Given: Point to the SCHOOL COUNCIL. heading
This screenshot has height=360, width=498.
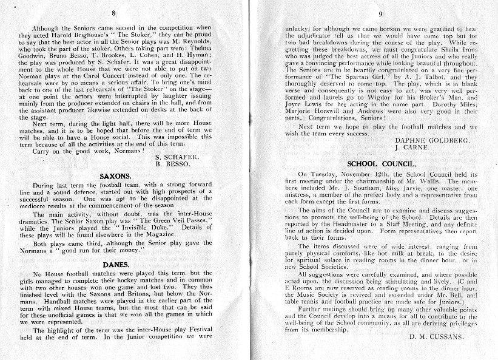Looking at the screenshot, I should click(381, 163).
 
